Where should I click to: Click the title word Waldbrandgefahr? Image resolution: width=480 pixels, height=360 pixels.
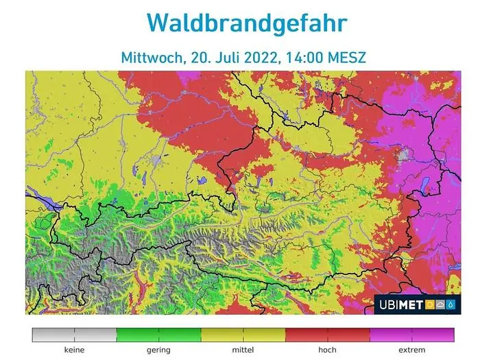click(x=247, y=23)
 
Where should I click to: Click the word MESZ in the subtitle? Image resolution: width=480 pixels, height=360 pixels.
click(x=347, y=58)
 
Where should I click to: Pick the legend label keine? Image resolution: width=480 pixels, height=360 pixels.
click(x=74, y=350)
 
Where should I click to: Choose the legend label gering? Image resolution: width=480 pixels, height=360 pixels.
click(x=158, y=350)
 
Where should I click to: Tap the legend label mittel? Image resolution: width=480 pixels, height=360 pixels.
click(x=243, y=350)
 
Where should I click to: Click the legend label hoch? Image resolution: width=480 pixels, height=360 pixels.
click(x=327, y=350)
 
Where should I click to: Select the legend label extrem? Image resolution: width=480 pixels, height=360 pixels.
click(x=411, y=350)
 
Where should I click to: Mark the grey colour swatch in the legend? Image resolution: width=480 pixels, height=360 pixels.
click(x=74, y=335)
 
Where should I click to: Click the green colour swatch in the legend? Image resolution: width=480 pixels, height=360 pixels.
click(x=158, y=335)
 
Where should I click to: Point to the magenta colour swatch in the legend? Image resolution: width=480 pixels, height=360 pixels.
click(x=411, y=335)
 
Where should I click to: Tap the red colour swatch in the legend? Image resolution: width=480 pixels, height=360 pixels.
click(x=327, y=335)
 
